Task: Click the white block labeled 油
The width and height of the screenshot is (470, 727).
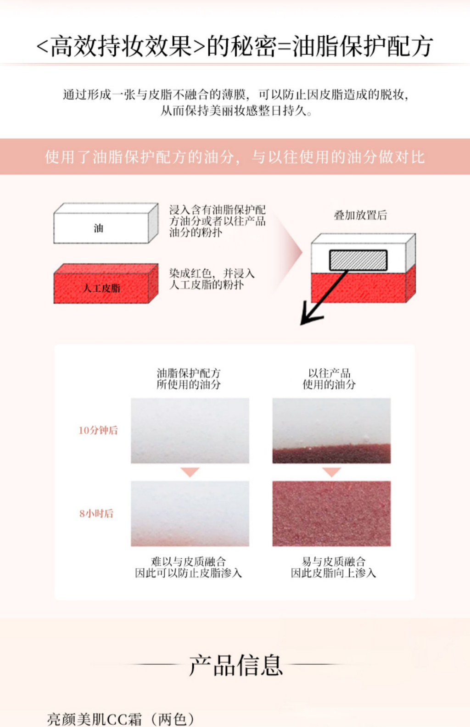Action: click(101, 228)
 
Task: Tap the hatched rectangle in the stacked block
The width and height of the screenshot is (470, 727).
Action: click(358, 260)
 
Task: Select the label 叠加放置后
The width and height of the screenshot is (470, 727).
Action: click(360, 215)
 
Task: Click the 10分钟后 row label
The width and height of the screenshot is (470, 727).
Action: click(98, 430)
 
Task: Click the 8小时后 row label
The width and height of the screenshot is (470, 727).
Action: click(96, 514)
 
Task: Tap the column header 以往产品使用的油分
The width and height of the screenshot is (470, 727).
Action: click(329, 379)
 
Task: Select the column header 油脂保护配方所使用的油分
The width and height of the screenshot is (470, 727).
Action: click(189, 379)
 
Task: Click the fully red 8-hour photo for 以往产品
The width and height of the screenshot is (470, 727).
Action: click(331, 513)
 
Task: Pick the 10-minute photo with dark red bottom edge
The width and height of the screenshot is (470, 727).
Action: click(331, 430)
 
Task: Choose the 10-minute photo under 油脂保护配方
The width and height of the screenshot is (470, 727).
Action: click(190, 430)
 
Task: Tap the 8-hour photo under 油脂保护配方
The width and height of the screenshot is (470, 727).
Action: click(190, 513)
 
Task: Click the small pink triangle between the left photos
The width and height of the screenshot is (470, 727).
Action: click(190, 472)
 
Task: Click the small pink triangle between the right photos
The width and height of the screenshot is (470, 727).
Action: click(331, 472)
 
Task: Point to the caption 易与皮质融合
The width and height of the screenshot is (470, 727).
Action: click(334, 561)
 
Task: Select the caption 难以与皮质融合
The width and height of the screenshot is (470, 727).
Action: click(188, 561)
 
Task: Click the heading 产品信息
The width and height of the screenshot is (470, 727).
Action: click(235, 665)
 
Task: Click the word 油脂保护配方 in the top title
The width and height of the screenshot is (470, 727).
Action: click(363, 46)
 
